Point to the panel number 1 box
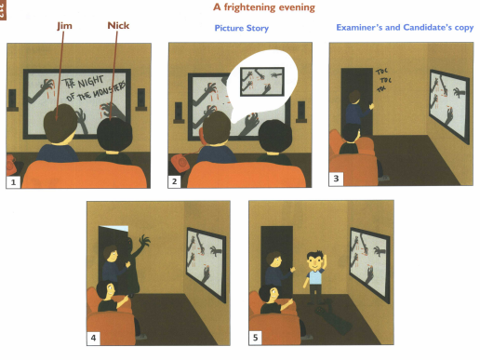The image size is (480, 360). [x=13, y=181]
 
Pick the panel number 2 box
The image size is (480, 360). [x=174, y=181]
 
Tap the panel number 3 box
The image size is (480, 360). [x=336, y=178]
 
